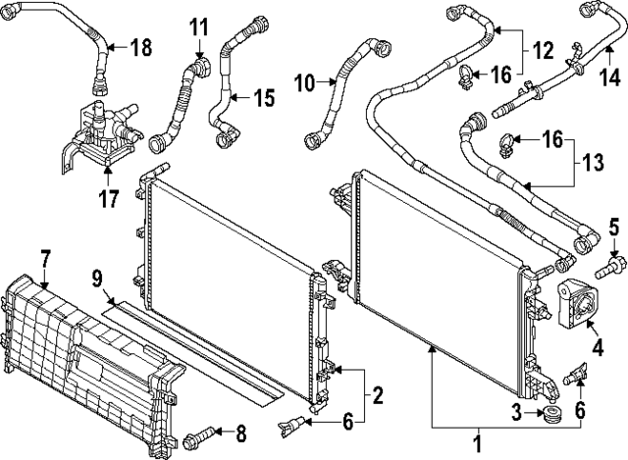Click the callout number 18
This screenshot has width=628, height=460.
coord(141,47)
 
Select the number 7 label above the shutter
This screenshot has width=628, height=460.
coord(45,259)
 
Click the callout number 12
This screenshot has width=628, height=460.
coord(542,46)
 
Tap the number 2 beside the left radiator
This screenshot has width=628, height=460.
coord(377,396)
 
